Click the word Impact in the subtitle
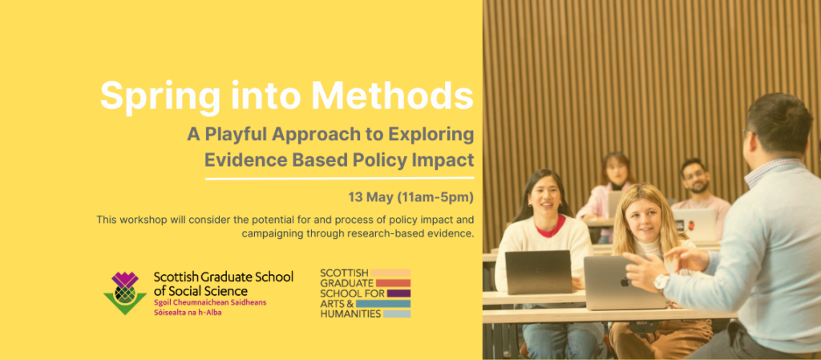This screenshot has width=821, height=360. pyautogui.click(x=439, y=158)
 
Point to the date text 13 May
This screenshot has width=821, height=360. pyautogui.click(x=370, y=196)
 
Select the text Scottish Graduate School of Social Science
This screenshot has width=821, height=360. pyautogui.click(x=223, y=283)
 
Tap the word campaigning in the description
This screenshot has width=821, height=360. pyautogui.click(x=274, y=234)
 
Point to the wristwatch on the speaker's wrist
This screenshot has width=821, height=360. pyautogui.click(x=661, y=281)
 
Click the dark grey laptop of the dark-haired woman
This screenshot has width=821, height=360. pyautogui.click(x=538, y=272)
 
